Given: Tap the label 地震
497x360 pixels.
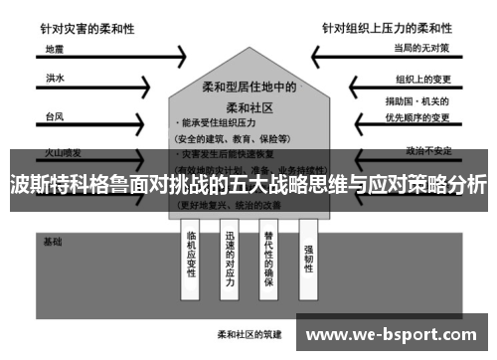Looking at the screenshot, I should [x=55, y=48].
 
